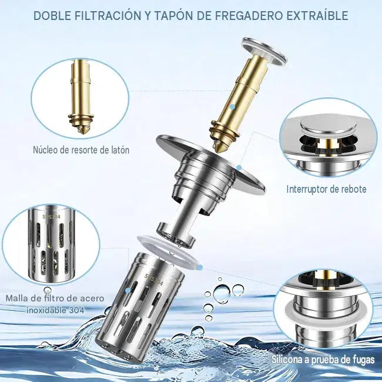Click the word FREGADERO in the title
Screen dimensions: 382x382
249,16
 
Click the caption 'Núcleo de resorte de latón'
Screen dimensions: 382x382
81,150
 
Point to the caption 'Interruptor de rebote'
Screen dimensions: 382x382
326,189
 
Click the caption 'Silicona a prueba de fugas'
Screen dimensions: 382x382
323,360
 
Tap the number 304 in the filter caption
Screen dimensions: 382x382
76,310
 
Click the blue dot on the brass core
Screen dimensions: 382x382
233,107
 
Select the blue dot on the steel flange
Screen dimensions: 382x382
239,167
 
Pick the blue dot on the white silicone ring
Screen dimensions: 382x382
200,268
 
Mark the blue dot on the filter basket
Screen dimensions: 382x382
128,291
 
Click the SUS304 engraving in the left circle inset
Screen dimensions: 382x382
51,217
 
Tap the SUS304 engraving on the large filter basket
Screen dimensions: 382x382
154,279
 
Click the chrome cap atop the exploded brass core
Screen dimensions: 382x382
264,51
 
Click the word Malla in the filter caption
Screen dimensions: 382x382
15,298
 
